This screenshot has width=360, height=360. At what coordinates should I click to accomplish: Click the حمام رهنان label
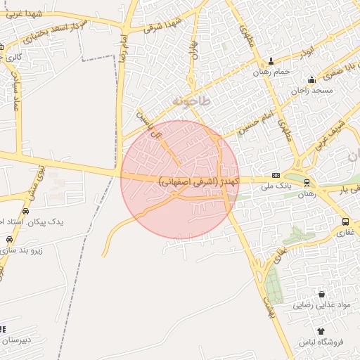point(271,72)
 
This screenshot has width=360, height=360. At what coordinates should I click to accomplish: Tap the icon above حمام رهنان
point(271,61)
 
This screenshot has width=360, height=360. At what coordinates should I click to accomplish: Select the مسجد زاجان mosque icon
point(311,79)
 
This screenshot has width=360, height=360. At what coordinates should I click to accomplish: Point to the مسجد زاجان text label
point(311,91)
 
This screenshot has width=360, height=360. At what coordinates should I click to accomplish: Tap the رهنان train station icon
point(307,183)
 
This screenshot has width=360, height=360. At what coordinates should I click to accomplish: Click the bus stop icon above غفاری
point(345,221)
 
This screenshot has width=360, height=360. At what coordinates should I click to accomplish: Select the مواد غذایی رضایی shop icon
point(321,295)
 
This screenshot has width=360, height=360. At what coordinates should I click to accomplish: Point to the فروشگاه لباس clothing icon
point(321,330)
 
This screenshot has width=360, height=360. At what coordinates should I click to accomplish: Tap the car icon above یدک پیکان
point(26,211)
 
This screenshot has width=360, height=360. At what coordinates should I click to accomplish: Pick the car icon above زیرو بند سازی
point(12,238)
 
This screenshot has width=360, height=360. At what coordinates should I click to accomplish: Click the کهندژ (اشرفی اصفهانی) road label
point(199,181)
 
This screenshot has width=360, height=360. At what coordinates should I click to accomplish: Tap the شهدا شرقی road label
point(162,25)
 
